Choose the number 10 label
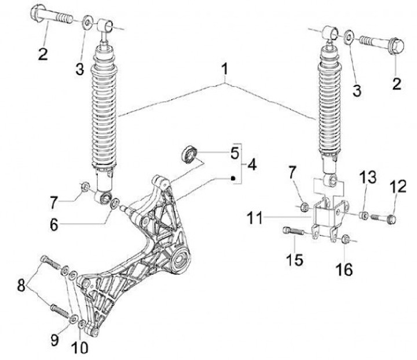(79, 348)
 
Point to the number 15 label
(295, 259)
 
